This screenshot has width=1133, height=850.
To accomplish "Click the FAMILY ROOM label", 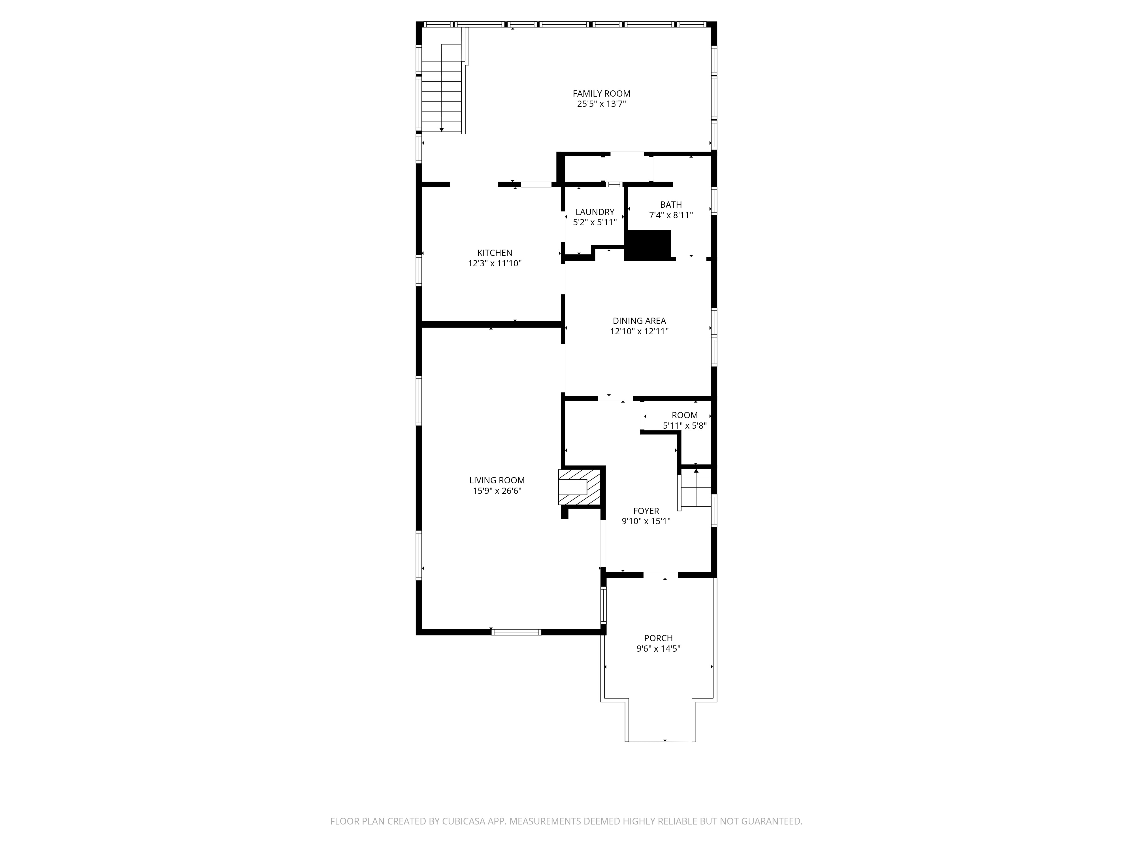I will (601, 94).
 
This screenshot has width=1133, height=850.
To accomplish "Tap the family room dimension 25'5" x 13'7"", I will (601, 104).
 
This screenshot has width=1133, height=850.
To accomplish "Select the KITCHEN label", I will (494, 253).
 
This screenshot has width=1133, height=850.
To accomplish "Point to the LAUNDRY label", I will (595, 212).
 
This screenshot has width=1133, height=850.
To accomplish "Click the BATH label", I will (670, 205).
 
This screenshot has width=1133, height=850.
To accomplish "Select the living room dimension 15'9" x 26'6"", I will (497, 491).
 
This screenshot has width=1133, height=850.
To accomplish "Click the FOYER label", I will (646, 511).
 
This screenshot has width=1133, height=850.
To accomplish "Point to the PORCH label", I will (658, 638).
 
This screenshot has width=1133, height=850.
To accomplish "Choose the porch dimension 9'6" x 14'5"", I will (658, 649).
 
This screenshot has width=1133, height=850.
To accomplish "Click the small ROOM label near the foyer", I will (684, 415).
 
